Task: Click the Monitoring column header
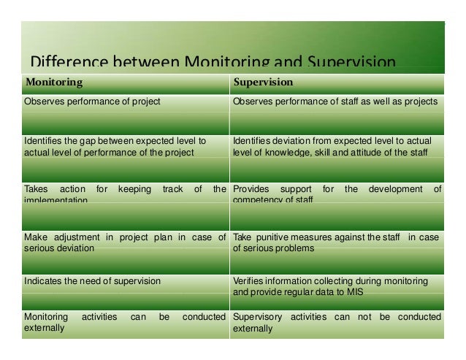[54, 82]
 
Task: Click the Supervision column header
[263, 82]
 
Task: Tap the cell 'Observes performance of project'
[93, 101]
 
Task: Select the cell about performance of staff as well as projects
[335, 101]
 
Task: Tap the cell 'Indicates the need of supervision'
[93, 280]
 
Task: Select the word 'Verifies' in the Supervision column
[248, 280]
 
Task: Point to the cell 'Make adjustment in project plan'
[125, 242]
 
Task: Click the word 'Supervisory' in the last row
[258, 317]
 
